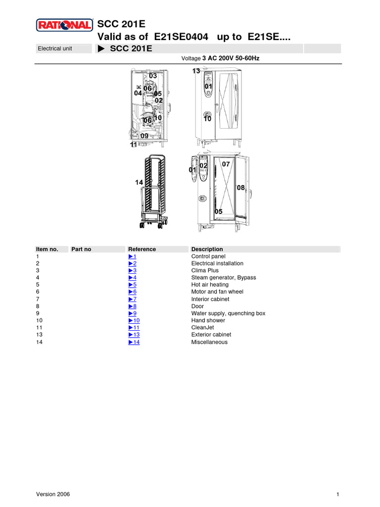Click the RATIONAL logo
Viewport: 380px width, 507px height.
(x=64, y=25)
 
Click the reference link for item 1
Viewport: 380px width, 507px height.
(x=132, y=256)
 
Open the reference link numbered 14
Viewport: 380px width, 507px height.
(x=134, y=342)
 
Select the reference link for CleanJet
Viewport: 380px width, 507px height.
(x=134, y=328)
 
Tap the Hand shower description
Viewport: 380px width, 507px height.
(x=208, y=320)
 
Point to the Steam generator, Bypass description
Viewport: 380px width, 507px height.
(x=224, y=278)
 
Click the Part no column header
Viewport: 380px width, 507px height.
(x=81, y=249)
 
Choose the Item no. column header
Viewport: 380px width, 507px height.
(x=47, y=249)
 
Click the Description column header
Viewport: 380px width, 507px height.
(x=207, y=249)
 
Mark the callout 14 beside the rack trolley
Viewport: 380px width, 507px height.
(x=139, y=183)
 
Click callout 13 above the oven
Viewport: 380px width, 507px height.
(x=196, y=71)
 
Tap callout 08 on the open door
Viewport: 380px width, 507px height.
(x=241, y=188)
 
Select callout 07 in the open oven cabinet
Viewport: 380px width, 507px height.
(x=226, y=164)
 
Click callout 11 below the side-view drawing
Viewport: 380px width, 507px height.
(x=134, y=145)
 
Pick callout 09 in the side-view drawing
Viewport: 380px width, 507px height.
(x=144, y=136)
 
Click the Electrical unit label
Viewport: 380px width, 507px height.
(x=55, y=49)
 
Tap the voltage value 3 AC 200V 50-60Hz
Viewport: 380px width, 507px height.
(x=231, y=58)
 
